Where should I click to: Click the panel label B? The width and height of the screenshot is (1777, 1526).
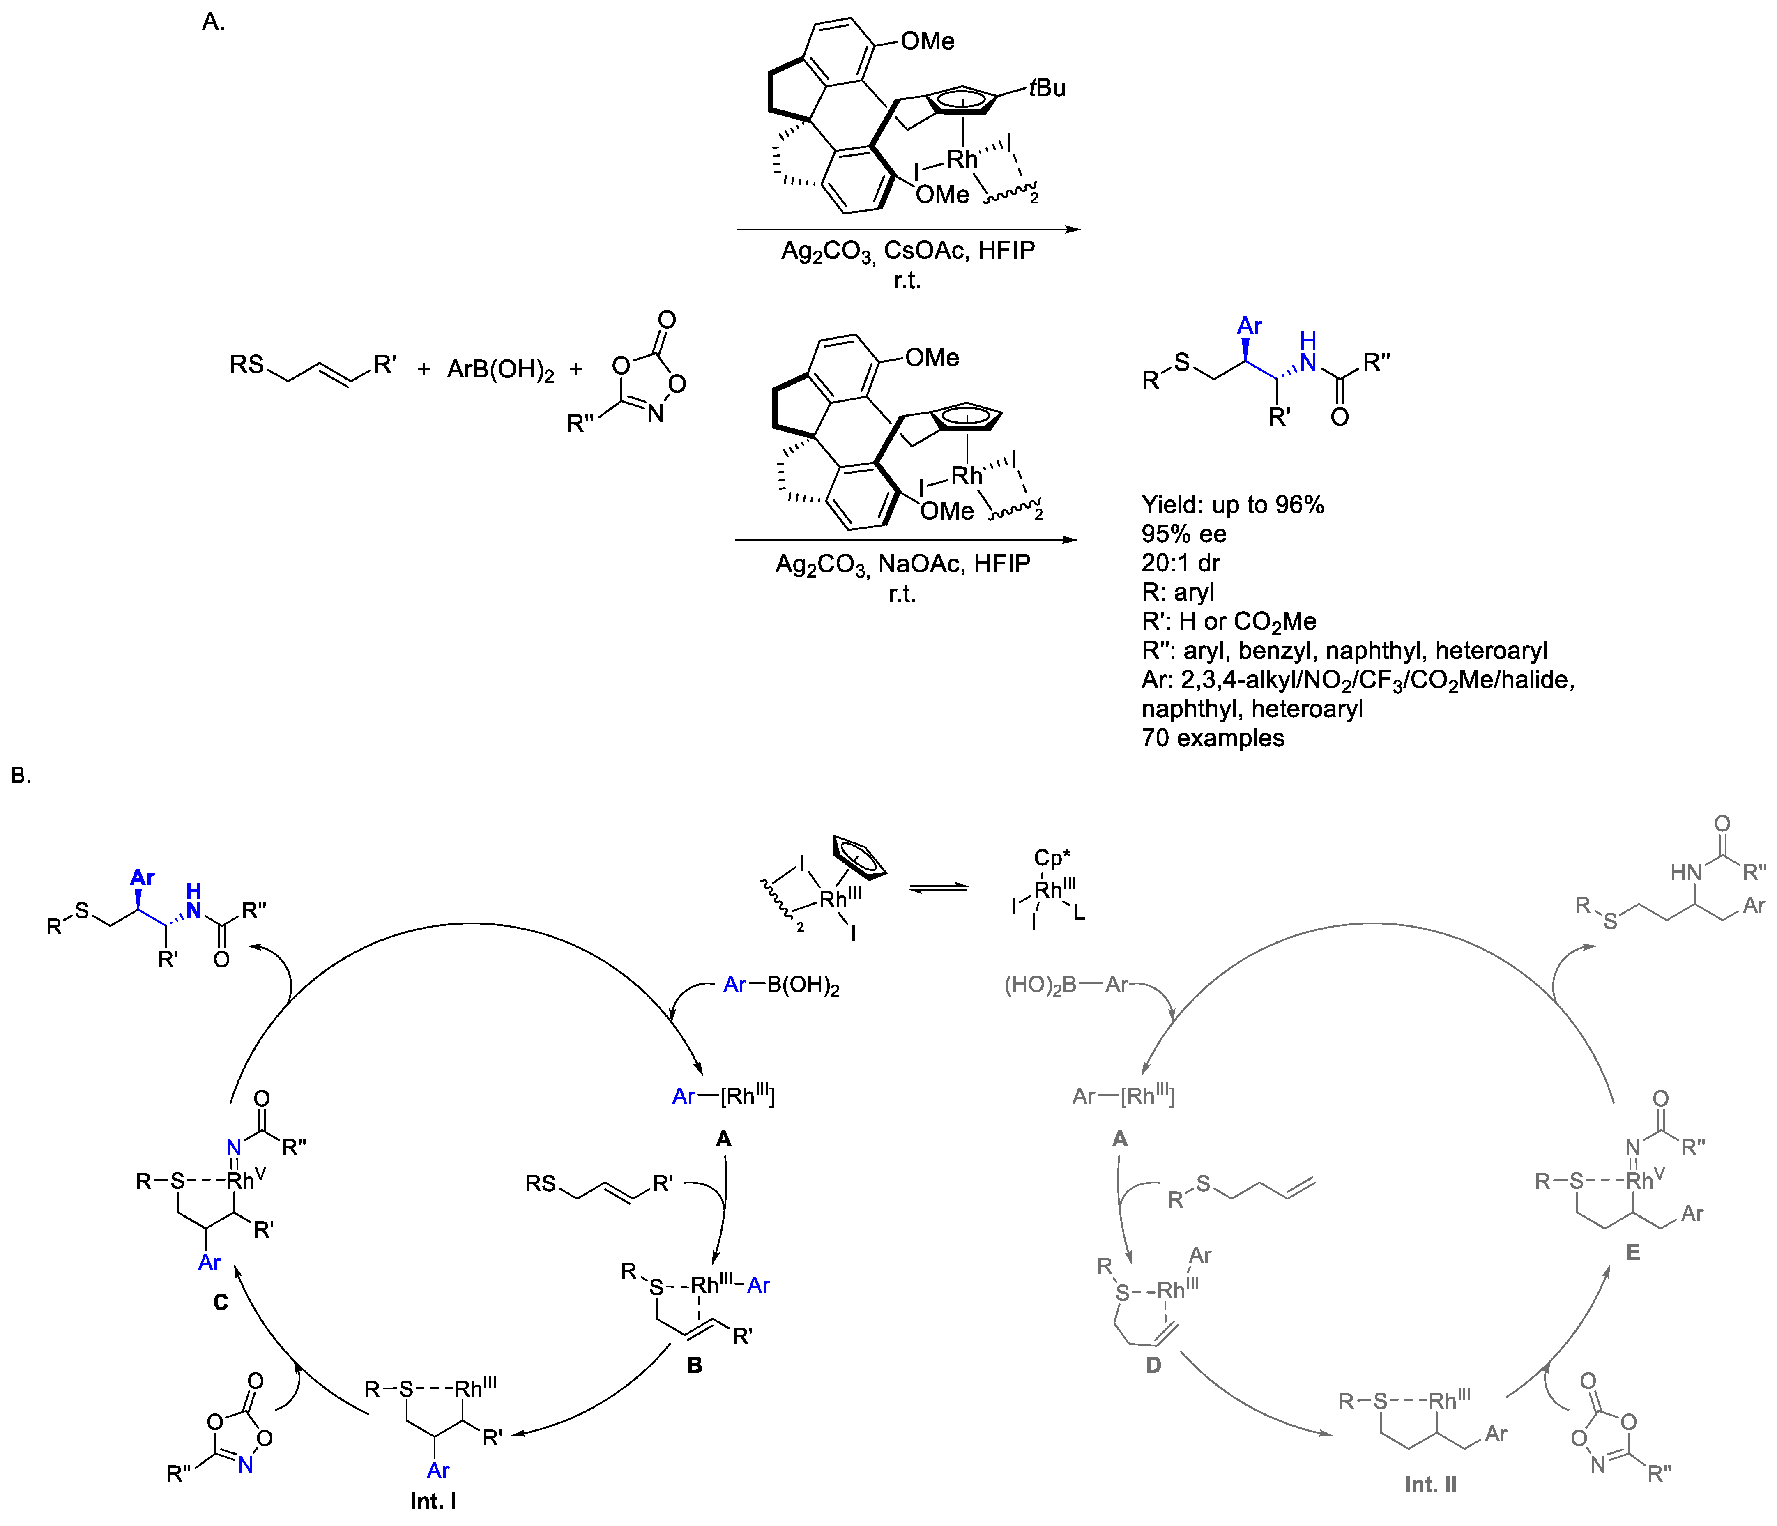(21, 776)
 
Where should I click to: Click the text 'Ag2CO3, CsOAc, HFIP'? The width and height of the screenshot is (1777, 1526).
(907, 251)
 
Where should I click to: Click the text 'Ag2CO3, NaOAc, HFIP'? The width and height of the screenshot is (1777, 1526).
(902, 564)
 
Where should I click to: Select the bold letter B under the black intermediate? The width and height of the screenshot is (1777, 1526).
(695, 1365)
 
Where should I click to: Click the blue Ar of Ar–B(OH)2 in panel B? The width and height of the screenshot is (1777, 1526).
(734, 985)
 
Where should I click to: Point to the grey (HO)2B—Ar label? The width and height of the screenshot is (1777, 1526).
(1066, 985)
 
